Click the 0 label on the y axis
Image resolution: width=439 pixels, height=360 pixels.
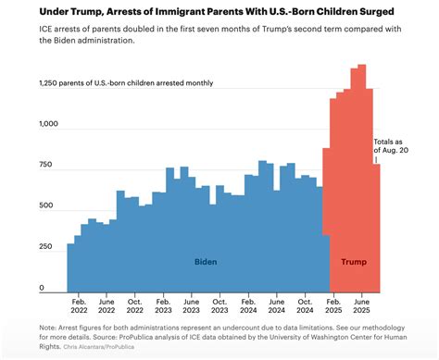pyautogui.click(x=41, y=288)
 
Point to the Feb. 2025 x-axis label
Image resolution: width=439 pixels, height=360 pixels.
pyautogui.click(x=333, y=305)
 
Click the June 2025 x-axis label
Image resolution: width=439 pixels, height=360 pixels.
pyautogui.click(x=362, y=305)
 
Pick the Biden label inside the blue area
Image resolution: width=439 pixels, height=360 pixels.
pyautogui.click(x=206, y=262)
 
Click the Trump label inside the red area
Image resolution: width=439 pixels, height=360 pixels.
pyautogui.click(x=353, y=262)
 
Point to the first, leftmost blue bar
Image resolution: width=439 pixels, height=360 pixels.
pyautogui.click(x=70, y=268)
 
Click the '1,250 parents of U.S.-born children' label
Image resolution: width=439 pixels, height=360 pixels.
pyautogui.click(x=120, y=83)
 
